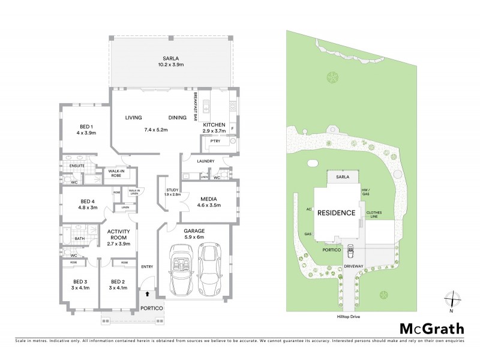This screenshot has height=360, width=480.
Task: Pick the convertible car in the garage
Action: click(179, 269)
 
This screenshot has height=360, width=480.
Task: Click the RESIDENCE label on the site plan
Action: click(337, 213)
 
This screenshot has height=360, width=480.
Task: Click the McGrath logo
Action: click(432, 328)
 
